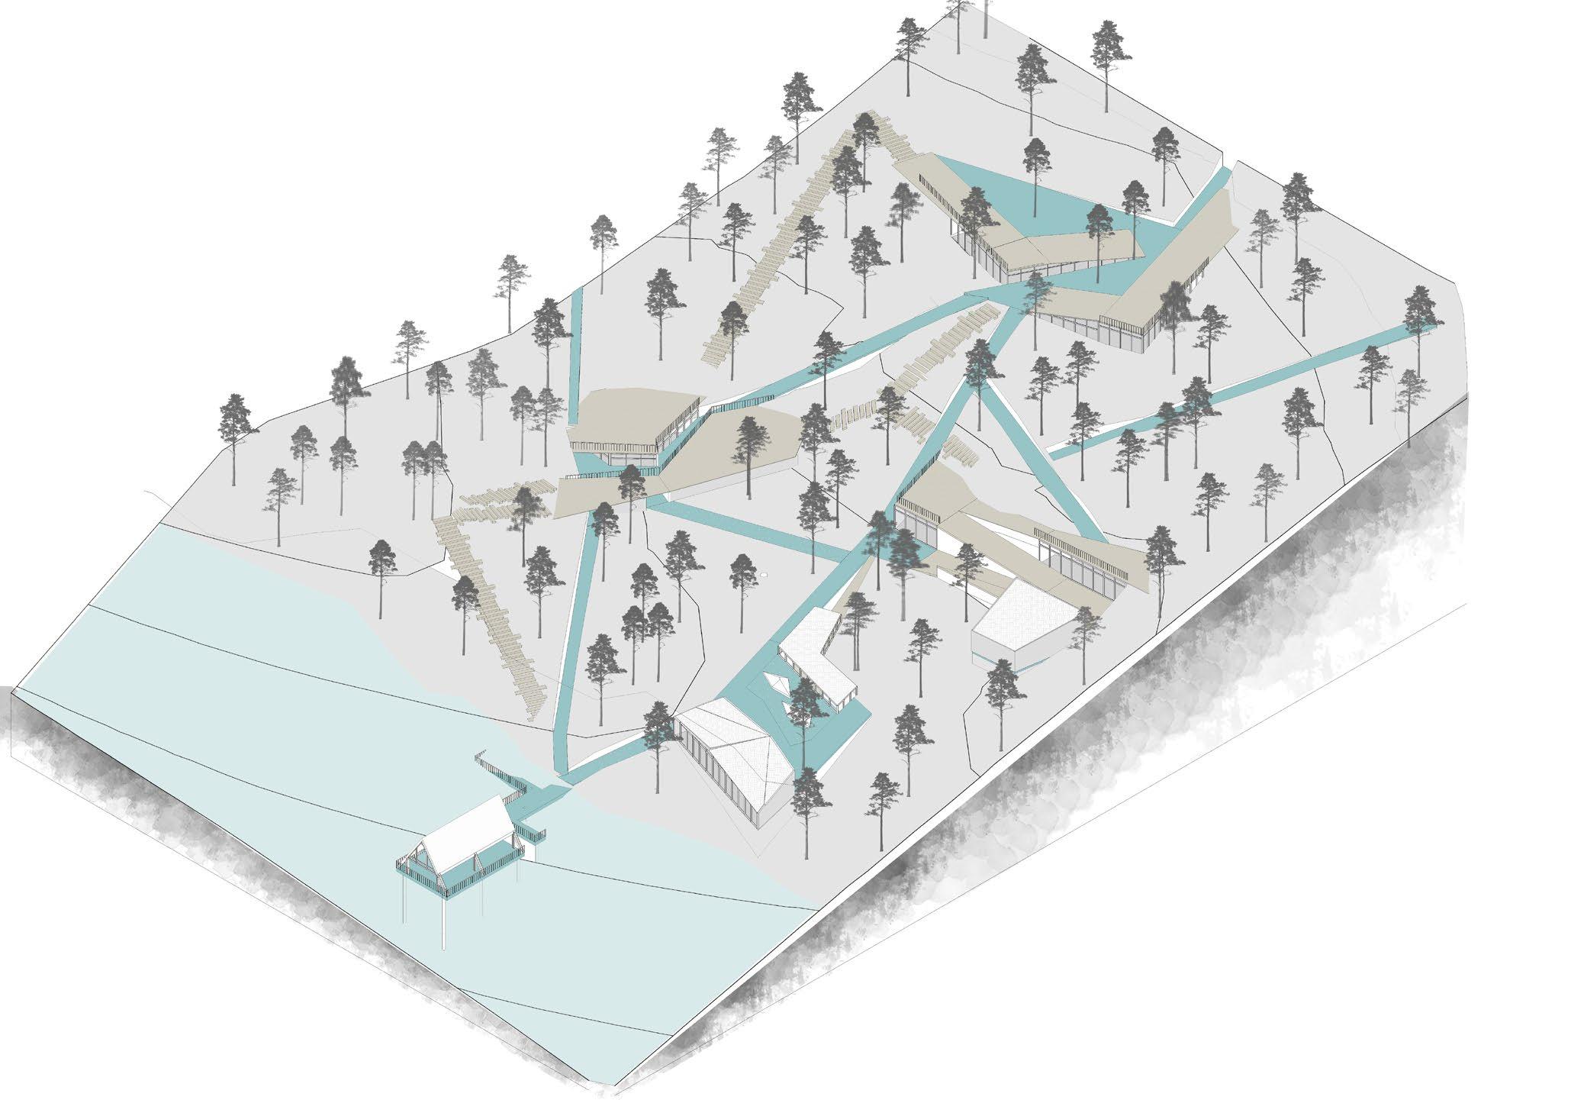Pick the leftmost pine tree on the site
tap(234, 427)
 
